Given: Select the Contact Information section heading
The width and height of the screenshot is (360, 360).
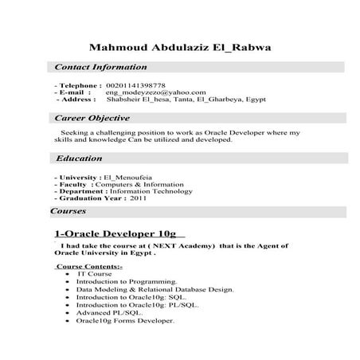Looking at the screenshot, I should pos(100,68).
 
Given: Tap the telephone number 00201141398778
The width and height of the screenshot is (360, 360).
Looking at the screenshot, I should pos(135,84).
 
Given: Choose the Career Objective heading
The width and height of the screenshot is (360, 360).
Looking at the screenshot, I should pos(92,118).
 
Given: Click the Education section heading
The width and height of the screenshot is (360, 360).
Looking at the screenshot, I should pos(79,158).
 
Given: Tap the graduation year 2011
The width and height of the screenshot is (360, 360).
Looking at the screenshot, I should pos(138,199).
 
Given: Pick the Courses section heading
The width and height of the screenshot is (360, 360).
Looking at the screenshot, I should pos(68,212).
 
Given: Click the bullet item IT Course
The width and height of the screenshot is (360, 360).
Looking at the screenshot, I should pos(94,273).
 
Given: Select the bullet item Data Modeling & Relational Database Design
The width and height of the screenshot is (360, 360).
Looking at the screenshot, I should pos(155,289).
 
